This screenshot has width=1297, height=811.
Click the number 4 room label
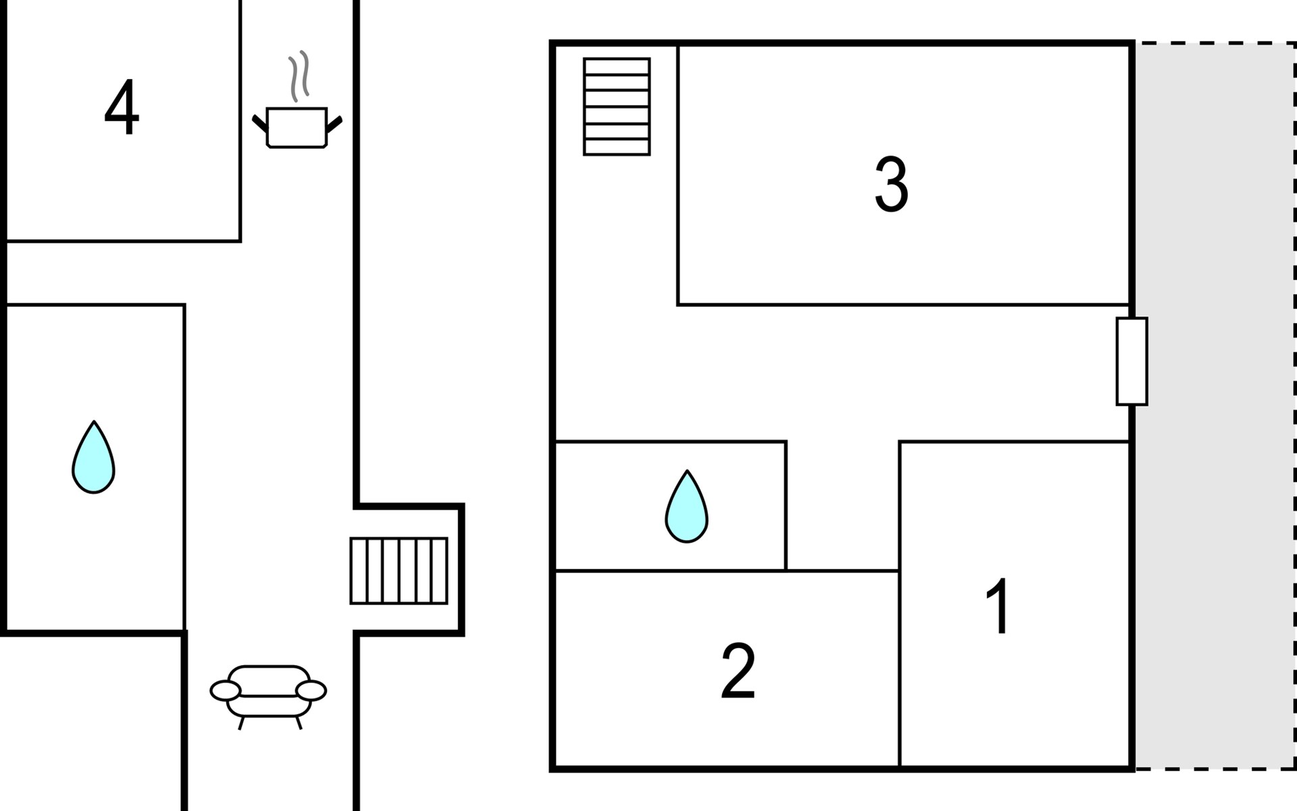click(x=122, y=108)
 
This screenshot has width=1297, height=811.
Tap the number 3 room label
click(x=891, y=185)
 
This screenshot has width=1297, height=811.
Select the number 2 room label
click(x=738, y=672)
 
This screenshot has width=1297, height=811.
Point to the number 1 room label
click(x=998, y=606)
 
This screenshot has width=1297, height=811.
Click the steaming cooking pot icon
click(x=297, y=126)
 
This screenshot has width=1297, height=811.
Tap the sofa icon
click(x=268, y=691)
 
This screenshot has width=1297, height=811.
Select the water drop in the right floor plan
click(x=686, y=508)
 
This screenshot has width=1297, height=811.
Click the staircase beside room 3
click(x=617, y=107)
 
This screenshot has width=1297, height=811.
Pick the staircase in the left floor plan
click(x=399, y=570)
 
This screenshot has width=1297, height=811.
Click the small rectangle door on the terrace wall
click(x=1131, y=362)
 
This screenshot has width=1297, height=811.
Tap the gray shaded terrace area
click(x=1214, y=405)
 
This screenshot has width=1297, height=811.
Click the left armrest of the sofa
click(x=225, y=691)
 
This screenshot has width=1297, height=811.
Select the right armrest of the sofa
click(x=311, y=691)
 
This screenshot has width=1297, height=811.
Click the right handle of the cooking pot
click(x=334, y=124)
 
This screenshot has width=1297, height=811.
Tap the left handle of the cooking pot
click(x=259, y=124)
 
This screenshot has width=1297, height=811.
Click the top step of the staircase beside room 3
click(x=617, y=66)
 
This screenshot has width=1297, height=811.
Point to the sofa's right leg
click(x=299, y=723)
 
